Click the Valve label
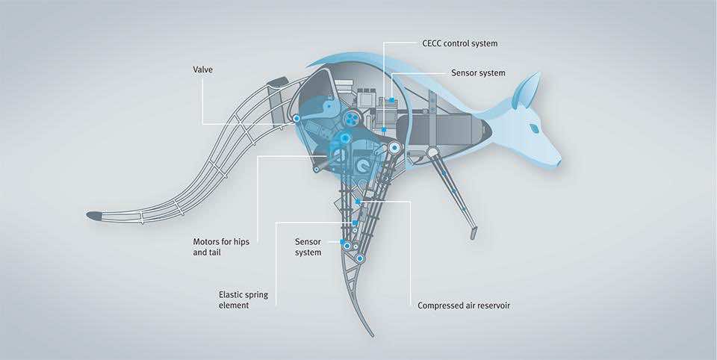pos(203,72)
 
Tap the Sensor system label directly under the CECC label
pos(478,73)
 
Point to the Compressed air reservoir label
pos(464,305)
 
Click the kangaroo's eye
pos(535,128)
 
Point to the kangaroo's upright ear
pos(529,92)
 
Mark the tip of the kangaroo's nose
pos(559,160)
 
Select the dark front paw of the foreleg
pos(473,233)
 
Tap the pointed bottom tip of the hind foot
pos(372,333)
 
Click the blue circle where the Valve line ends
pos(297,119)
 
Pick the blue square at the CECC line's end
pos(391,99)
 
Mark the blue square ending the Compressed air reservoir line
pos(358,202)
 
